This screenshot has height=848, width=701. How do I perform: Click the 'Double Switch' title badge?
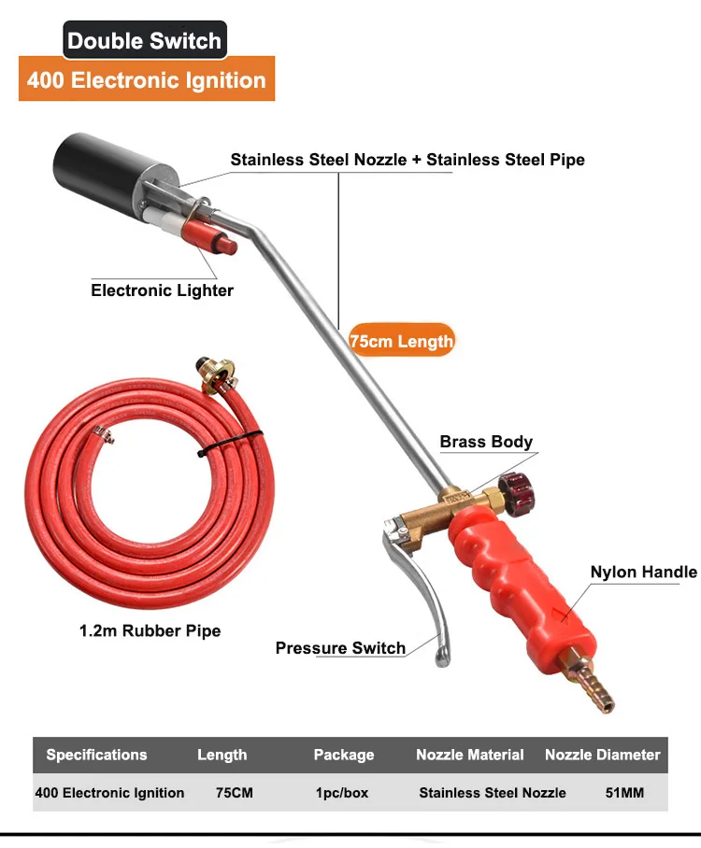[145, 40]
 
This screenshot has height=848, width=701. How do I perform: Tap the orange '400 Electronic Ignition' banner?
[147, 80]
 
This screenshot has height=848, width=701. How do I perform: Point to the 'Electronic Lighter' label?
[162, 290]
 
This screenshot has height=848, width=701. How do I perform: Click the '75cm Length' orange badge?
[401, 341]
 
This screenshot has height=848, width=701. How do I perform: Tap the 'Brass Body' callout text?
[486, 442]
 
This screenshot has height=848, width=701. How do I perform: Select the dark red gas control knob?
[514, 487]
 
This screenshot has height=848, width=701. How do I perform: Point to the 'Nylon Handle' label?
[643, 572]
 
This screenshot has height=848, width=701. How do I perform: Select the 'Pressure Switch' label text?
[340, 648]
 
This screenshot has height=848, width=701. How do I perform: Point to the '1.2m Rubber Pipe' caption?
[150, 630]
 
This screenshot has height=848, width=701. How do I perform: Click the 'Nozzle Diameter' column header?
[602, 755]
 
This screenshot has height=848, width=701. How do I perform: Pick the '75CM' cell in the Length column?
[234, 792]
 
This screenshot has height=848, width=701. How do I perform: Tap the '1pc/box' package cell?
[342, 792]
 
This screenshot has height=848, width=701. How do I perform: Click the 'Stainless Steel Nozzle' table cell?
[492, 792]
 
